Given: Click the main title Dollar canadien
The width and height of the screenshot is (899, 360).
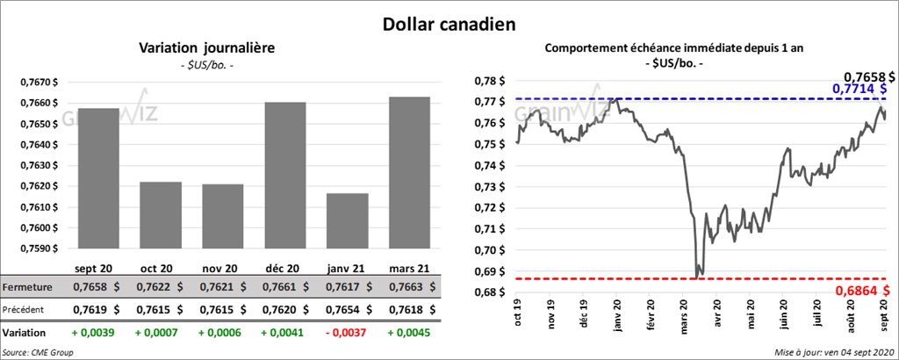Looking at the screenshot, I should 449,24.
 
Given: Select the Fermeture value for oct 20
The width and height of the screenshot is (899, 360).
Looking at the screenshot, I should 158,287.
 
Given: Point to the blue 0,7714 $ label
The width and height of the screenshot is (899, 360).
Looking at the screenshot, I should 859,89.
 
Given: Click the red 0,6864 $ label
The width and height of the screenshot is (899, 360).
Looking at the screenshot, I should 859,291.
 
